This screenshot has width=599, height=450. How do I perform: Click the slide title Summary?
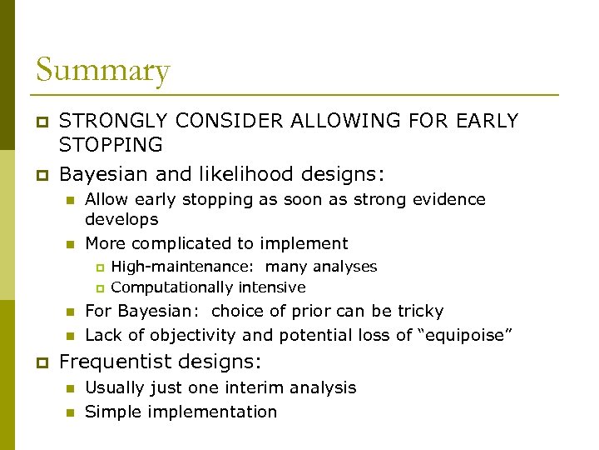coord(102,70)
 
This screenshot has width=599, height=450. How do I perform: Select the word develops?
coord(121,220)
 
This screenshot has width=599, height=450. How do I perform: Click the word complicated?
coord(173,244)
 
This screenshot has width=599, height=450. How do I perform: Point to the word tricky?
coord(421,312)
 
